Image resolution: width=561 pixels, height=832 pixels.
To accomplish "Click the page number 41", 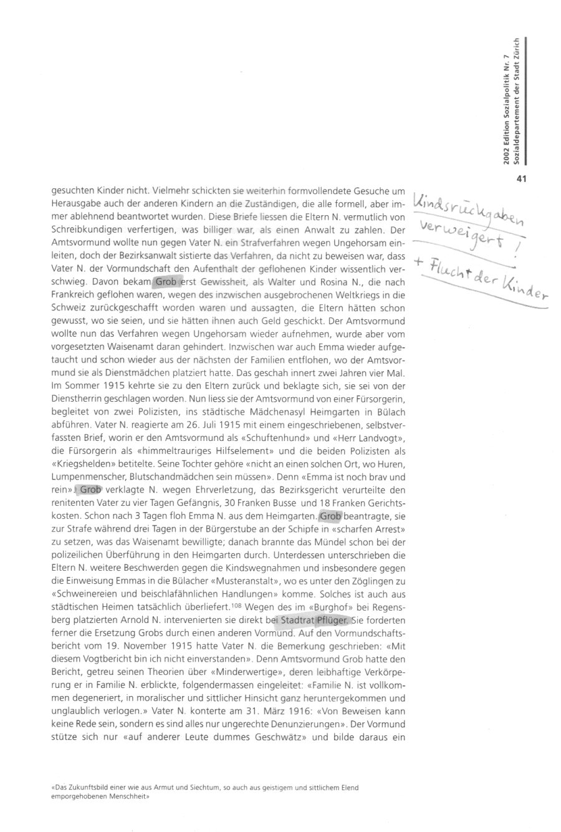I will [522, 180].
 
